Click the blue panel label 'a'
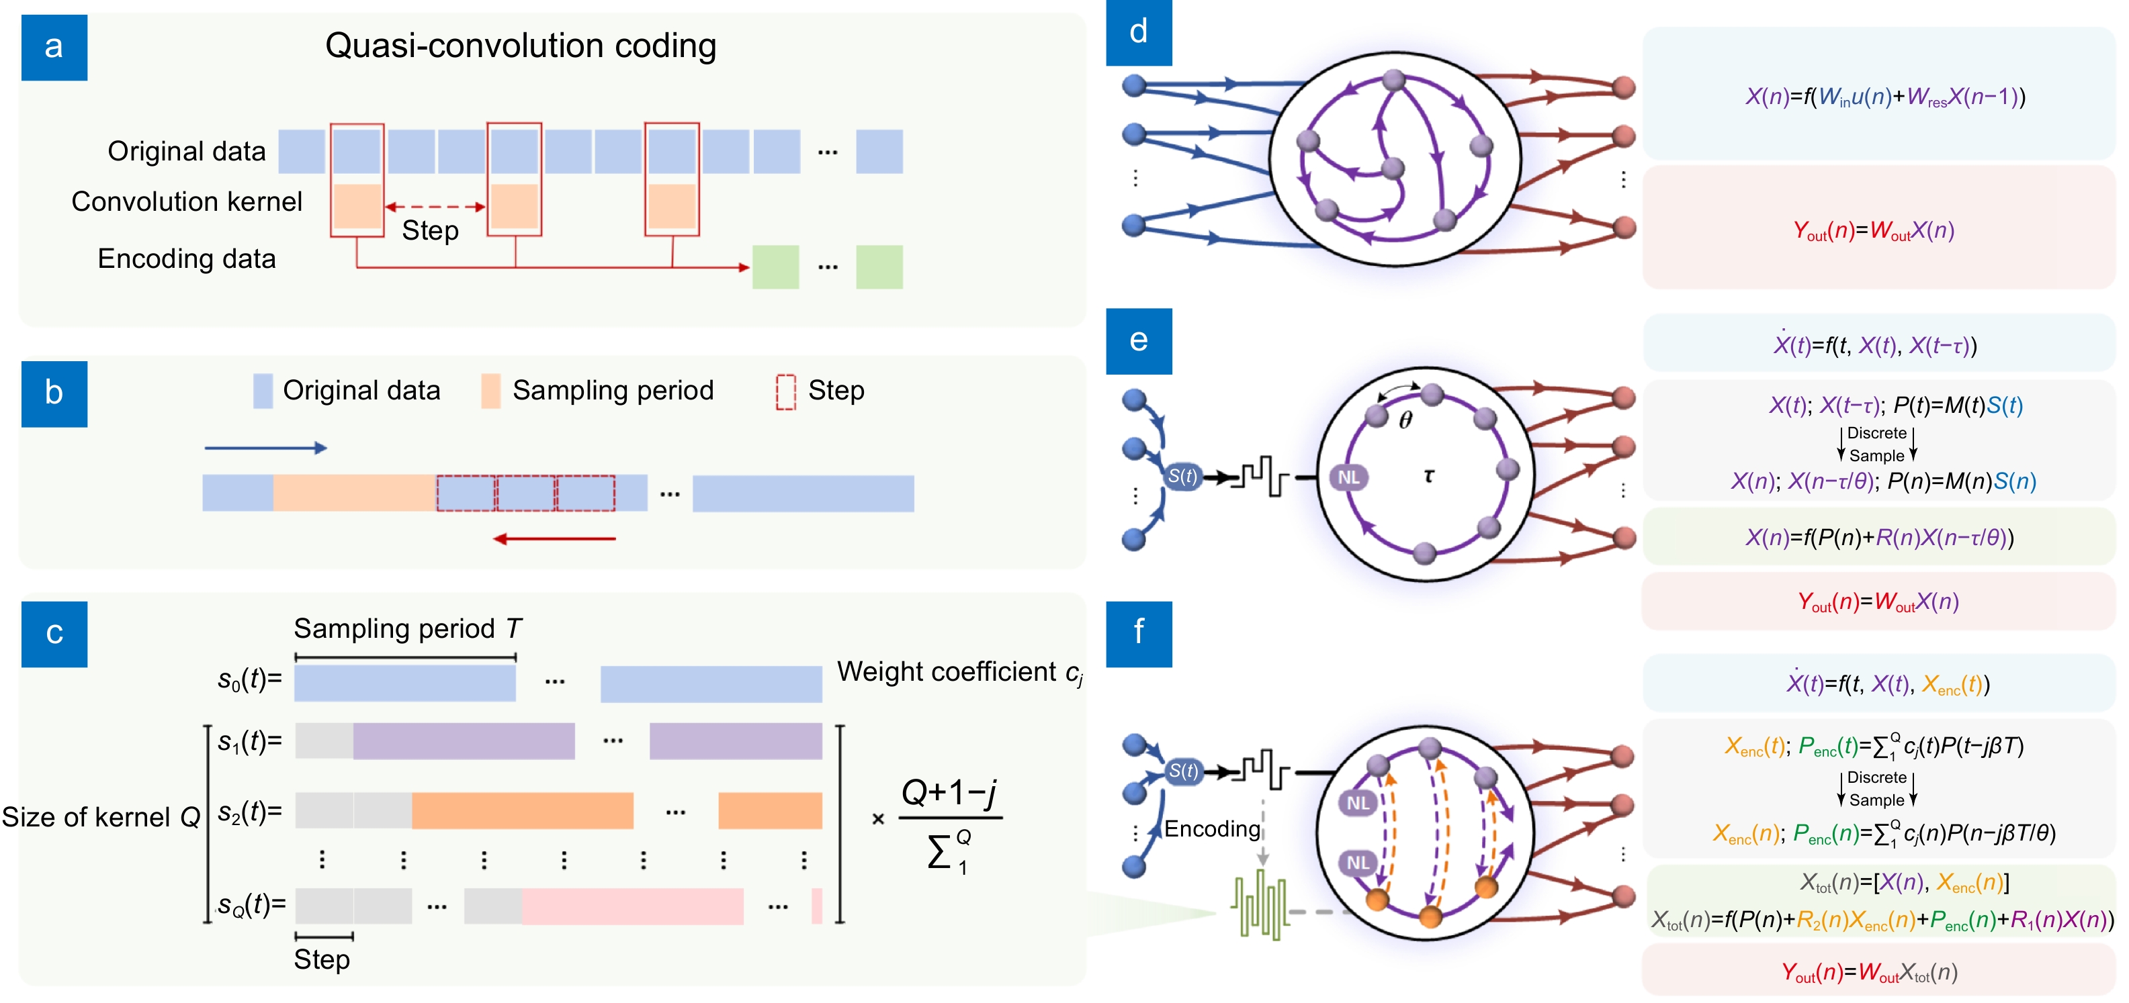(54, 47)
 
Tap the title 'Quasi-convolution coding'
(521, 46)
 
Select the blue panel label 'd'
(1138, 32)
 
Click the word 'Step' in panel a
(430, 230)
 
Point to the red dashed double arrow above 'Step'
(435, 207)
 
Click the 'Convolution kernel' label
(187, 201)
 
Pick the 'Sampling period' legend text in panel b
(613, 390)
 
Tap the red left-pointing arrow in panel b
(554, 538)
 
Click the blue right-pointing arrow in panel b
(265, 448)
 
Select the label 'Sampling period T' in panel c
(407, 629)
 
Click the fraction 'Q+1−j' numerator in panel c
(949, 793)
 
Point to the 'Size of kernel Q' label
(101, 817)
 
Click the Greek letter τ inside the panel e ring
(1428, 476)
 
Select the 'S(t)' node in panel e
(1182, 476)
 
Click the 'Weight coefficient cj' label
(959, 673)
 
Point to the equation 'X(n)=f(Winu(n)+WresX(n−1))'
(1884, 97)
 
